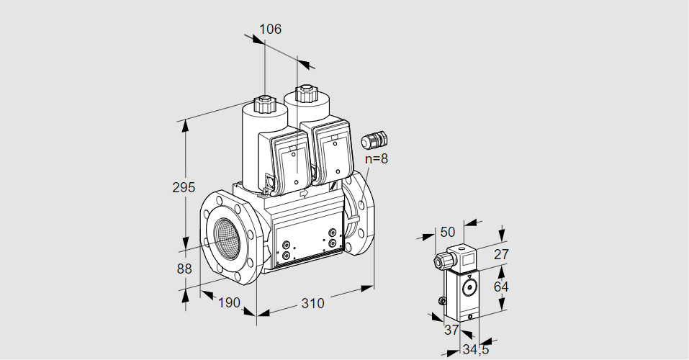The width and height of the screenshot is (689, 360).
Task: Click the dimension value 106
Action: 269,30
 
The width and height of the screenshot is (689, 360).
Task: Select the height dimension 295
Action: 184,188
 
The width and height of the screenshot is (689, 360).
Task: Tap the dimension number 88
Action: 184,269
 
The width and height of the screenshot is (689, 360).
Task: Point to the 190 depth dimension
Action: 228,302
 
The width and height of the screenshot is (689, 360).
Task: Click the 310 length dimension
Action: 312,303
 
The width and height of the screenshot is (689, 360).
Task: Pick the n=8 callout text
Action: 376,159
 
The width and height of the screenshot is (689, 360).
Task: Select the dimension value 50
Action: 448,231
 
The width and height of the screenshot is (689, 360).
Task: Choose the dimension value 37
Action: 451,330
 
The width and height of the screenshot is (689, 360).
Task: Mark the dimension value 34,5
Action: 474,350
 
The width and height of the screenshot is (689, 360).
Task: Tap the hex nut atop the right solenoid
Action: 306,93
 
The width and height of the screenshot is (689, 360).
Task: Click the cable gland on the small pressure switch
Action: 440,261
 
